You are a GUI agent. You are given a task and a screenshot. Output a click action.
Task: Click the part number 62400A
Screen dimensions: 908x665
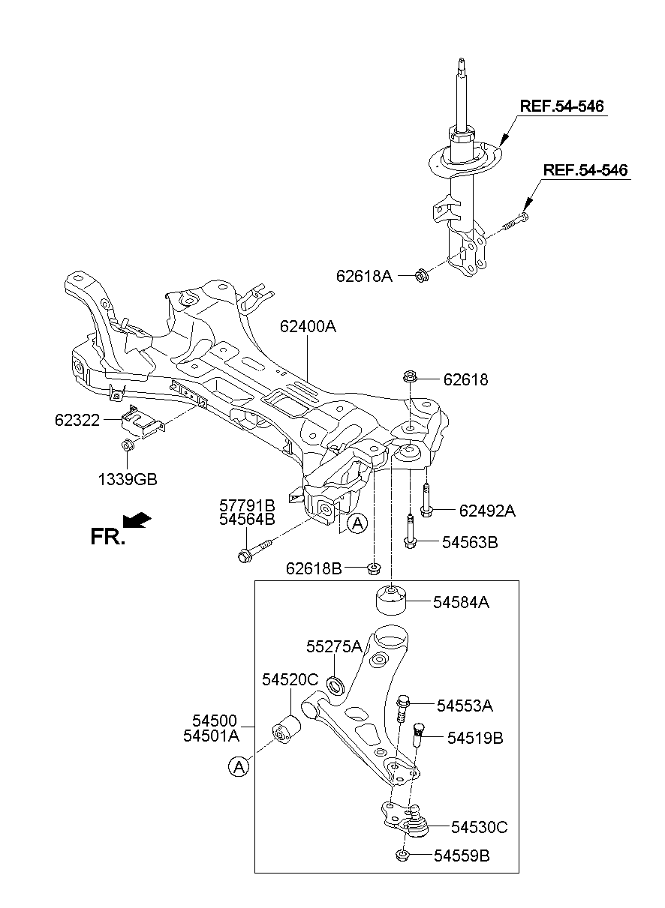pos(308,327)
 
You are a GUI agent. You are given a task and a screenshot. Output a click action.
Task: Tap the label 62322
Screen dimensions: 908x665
pos(77,421)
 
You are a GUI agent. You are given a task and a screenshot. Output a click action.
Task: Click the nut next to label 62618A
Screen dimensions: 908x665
pos(422,276)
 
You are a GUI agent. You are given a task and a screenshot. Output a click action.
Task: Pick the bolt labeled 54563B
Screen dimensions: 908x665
pos(410,530)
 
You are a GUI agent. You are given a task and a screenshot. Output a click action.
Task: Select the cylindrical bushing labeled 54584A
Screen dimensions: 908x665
pos(390,601)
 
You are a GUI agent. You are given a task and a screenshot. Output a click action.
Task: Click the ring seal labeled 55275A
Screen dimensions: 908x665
pos(338,685)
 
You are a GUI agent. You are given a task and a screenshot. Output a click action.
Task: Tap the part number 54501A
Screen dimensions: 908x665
pos(211,736)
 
